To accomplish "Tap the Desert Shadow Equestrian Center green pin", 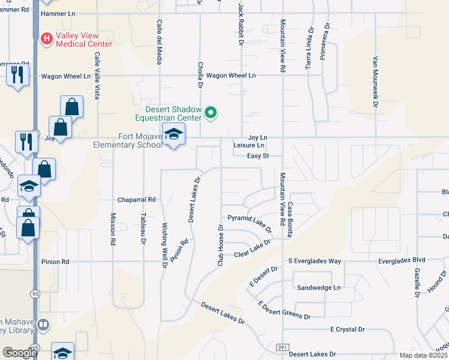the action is pos(211,112).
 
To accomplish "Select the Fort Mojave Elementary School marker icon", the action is pos(173,136).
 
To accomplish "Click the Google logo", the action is pos(19,353).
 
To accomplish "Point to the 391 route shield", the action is pos(283,348).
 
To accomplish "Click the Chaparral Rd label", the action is pos(137,200).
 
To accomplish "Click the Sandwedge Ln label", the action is pos(319,288).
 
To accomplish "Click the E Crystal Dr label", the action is pos(348,329).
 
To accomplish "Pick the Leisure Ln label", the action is pos(249,145).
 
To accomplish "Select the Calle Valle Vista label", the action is pos(96,75).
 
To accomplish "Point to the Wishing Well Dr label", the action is pos(164,245).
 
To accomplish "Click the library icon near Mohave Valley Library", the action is pos(43,325).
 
